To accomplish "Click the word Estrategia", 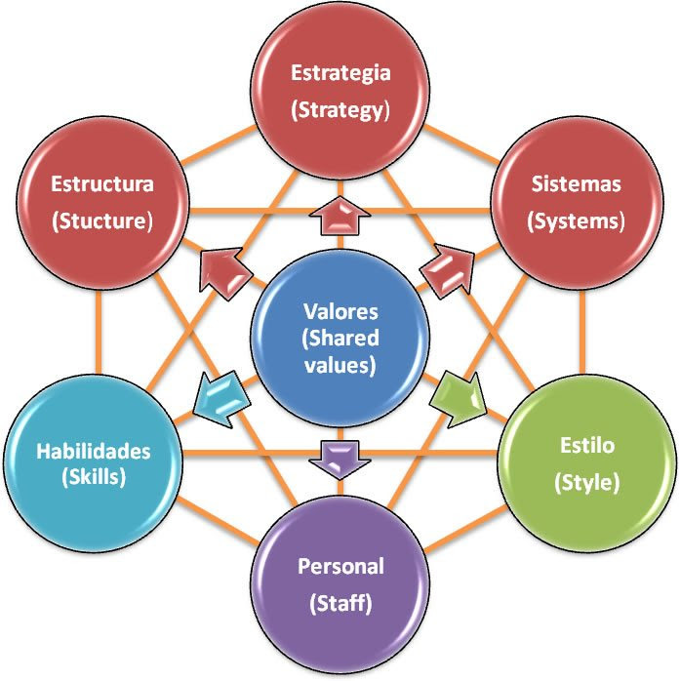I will (340, 73).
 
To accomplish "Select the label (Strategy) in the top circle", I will (340, 109).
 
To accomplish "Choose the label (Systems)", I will (576, 220).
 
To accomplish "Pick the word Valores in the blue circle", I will (340, 313).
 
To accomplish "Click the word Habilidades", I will (94, 451).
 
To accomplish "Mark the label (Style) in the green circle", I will (586, 483).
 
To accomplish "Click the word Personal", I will (340, 566).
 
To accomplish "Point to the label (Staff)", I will (340, 604).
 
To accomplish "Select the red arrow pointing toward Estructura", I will (224, 267).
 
